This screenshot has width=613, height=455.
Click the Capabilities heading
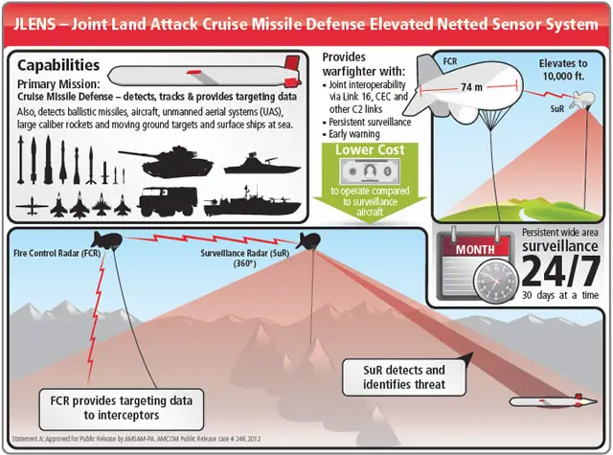click(58, 67)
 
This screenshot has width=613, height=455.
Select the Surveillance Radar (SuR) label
click(244, 259)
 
